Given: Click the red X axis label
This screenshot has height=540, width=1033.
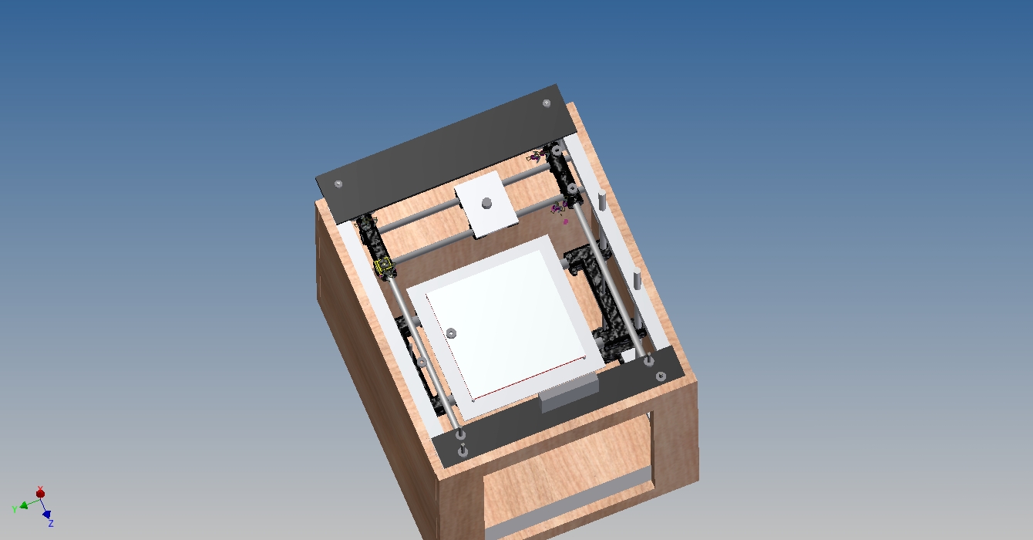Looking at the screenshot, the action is (40, 489).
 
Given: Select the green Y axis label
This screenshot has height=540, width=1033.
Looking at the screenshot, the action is (15, 510).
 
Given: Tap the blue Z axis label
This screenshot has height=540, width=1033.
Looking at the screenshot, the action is (51, 523).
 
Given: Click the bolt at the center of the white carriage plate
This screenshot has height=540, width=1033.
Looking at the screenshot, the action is (486, 203).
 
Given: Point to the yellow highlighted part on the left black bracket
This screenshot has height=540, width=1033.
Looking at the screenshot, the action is (384, 265).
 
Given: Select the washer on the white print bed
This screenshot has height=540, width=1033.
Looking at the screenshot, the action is (452, 332).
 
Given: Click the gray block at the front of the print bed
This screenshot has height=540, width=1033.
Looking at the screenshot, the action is (569, 393).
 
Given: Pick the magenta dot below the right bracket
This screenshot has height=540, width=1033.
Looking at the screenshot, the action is (566, 222).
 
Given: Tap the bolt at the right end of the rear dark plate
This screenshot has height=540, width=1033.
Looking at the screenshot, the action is (547, 103).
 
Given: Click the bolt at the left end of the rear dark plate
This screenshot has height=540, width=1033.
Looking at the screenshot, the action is (338, 184).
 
